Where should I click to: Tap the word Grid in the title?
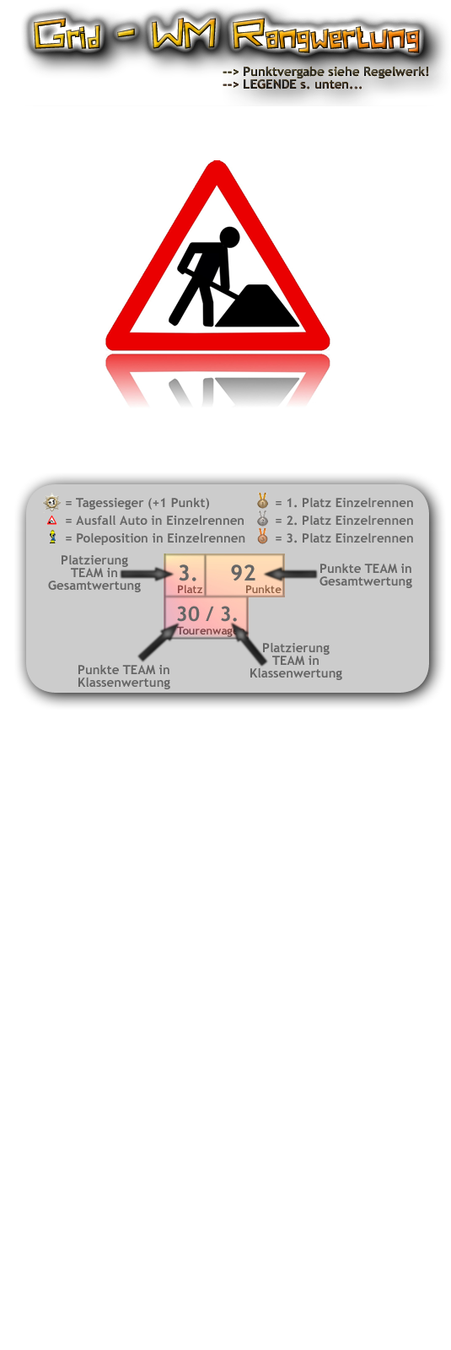(67, 34)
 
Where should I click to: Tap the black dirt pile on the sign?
(257, 306)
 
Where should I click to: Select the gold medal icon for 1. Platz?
(262, 501)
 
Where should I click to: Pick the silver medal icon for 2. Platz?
(262, 519)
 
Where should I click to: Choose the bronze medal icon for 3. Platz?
(262, 537)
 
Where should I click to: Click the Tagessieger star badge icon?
(52, 502)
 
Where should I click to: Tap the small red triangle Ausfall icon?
(52, 520)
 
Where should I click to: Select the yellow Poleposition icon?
(52, 537)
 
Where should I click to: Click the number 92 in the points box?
(244, 572)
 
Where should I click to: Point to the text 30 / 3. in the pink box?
(207, 613)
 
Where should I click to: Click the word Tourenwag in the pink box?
(205, 631)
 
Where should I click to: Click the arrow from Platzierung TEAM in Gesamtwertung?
(147, 574)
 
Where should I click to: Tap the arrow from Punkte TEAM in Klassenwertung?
(158, 642)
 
